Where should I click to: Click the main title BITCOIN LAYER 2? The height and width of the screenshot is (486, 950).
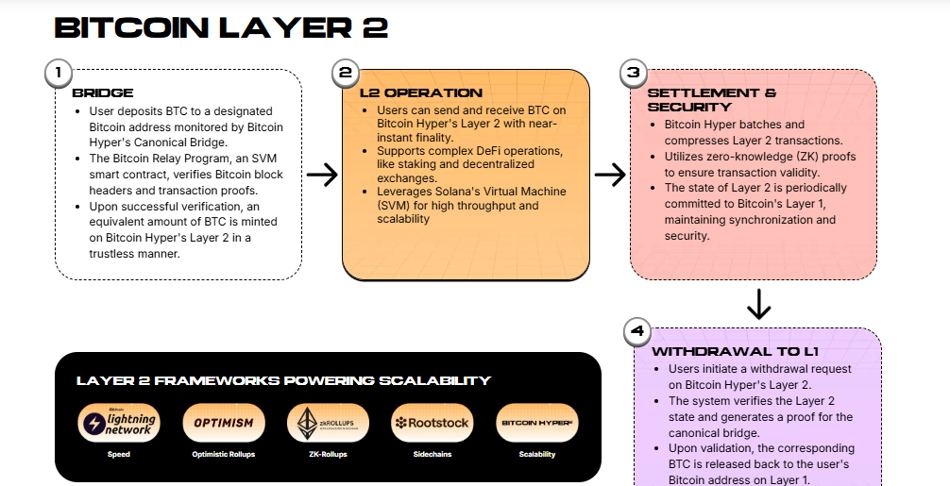point(221,27)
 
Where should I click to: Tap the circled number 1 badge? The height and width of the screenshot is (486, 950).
point(59,73)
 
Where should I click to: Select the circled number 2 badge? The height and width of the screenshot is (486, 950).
point(345,73)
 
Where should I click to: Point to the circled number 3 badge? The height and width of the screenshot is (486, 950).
point(633,73)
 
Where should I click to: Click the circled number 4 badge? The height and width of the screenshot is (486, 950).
point(637,331)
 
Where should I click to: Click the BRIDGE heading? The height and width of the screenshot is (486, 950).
point(102,93)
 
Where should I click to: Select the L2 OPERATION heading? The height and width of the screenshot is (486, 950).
point(421,93)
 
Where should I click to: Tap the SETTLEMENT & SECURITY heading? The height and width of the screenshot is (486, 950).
point(711,100)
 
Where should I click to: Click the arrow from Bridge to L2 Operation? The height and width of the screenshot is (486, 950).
point(322,175)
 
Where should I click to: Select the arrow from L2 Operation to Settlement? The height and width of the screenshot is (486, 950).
point(611,175)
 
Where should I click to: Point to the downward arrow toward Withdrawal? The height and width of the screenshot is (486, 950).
point(759,305)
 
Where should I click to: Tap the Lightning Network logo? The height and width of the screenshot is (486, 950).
point(118,423)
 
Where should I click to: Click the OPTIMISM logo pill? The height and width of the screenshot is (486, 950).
point(223,423)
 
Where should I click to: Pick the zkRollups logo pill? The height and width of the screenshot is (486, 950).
point(327,423)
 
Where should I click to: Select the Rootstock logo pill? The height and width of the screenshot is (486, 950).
point(432,423)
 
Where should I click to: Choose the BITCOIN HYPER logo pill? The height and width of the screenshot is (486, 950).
point(536,423)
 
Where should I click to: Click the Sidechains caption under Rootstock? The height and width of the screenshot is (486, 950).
point(432,454)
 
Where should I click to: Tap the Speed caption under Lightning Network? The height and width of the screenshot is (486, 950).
point(118,454)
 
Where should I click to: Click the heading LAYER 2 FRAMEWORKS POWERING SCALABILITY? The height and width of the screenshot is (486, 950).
point(283,380)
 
